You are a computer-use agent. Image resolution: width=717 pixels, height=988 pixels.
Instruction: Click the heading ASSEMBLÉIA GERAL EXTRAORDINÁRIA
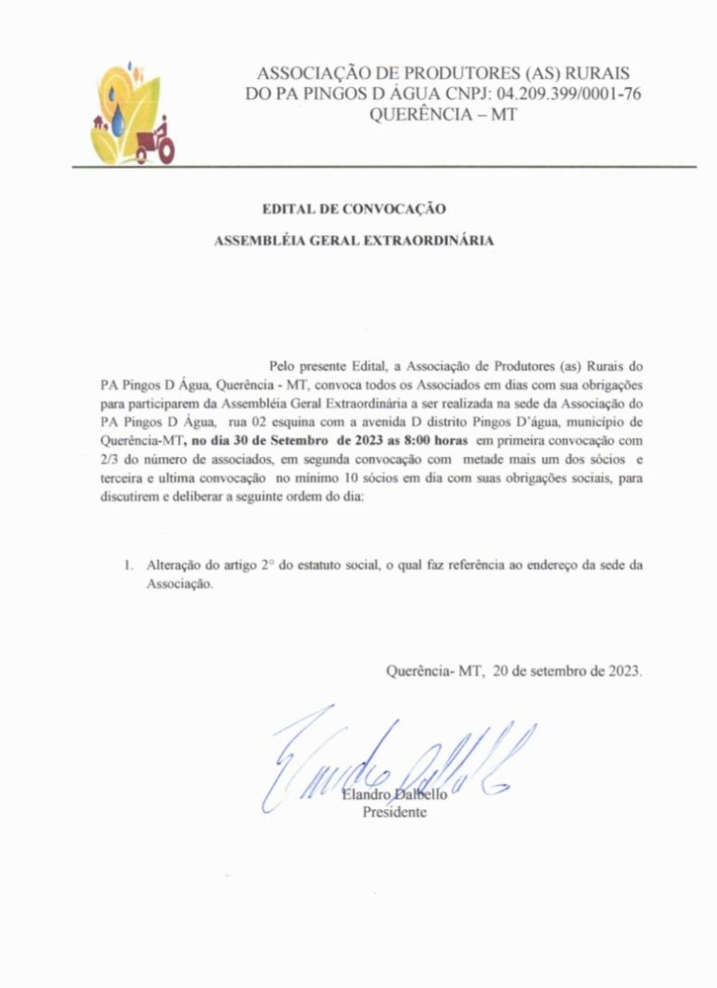[355, 241]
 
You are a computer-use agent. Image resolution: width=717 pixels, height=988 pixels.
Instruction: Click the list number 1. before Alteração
[130, 567]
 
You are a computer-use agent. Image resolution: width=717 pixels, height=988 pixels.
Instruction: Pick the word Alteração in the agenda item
[173, 567]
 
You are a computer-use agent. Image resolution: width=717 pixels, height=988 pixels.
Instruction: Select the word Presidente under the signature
[395, 812]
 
